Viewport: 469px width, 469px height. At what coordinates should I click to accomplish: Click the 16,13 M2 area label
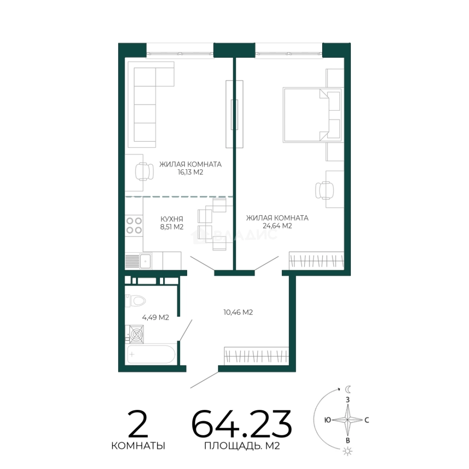190,172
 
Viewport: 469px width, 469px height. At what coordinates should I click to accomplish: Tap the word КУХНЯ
172,219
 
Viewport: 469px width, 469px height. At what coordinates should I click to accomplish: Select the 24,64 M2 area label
277,226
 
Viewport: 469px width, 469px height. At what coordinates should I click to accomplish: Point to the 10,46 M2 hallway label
238,312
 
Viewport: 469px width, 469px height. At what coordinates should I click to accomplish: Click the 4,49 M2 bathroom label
155,317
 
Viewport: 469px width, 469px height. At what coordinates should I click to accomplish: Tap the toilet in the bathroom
135,301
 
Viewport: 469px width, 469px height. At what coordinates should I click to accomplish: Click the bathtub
152,354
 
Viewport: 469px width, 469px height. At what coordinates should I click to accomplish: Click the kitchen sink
145,261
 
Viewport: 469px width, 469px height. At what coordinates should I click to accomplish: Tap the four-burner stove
134,225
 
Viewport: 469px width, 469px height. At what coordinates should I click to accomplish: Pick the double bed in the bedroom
312,115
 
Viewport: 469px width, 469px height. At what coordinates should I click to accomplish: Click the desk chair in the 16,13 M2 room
145,172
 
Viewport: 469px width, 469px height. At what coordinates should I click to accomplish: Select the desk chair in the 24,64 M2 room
324,190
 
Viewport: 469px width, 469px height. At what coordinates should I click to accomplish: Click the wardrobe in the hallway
256,356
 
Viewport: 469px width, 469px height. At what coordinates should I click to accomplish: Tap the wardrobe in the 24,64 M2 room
317,260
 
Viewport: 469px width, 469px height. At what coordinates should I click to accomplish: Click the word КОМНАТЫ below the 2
138,446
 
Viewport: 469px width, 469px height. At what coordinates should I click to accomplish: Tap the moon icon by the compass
348,389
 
